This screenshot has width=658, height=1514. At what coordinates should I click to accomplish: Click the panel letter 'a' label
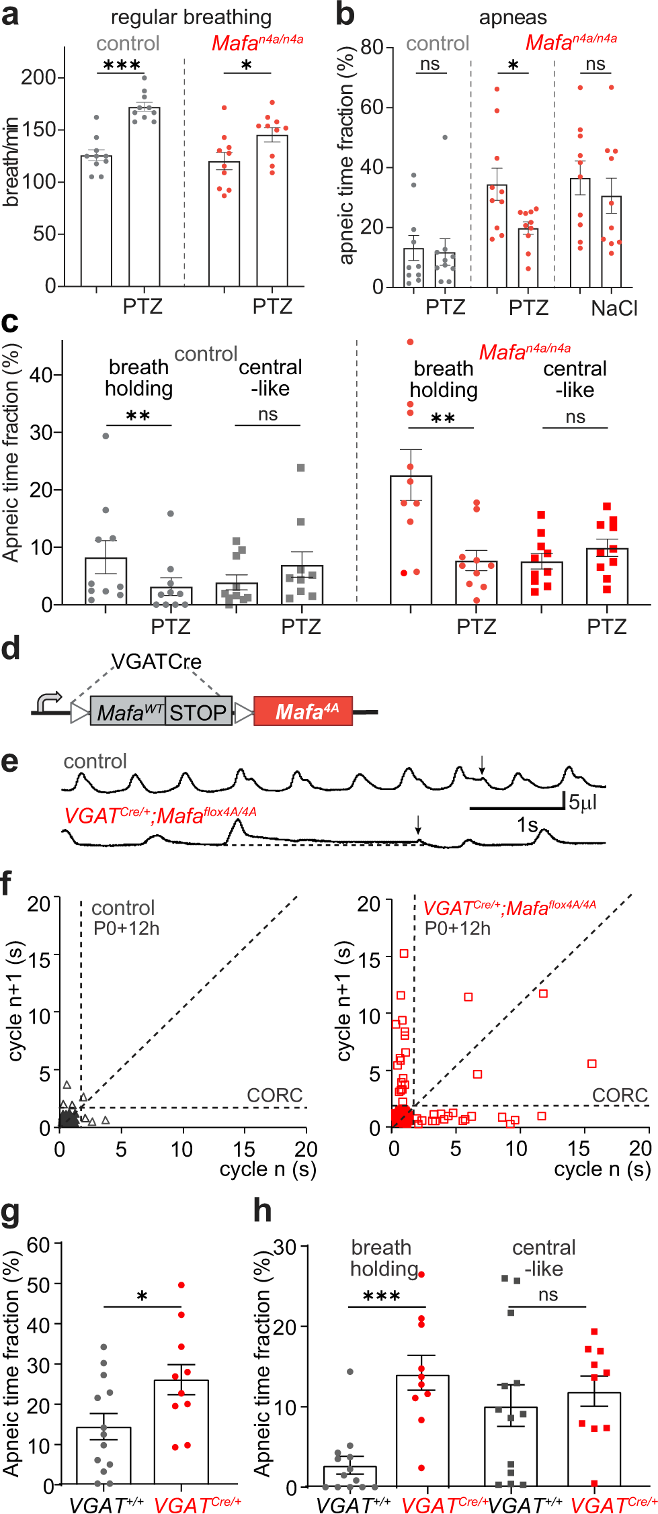(x=10, y=15)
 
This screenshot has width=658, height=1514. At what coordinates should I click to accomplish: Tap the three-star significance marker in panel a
(x=122, y=65)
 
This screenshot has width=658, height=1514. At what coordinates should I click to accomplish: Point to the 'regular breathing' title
(x=191, y=17)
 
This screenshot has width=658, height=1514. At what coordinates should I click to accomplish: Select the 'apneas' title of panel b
(x=512, y=17)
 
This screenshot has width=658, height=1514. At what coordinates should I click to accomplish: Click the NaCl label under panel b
(x=614, y=308)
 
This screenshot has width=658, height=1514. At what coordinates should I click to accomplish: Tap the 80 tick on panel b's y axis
(x=372, y=47)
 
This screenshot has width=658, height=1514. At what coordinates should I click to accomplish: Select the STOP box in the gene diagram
(x=198, y=712)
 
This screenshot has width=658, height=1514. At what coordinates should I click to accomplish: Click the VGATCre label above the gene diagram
(x=156, y=662)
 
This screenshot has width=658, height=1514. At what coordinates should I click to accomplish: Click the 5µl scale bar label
(x=583, y=802)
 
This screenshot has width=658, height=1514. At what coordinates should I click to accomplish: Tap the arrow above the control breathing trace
(x=481, y=764)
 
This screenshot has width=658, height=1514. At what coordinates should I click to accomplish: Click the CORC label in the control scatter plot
(x=274, y=1096)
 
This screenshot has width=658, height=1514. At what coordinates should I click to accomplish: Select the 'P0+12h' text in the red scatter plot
(x=457, y=929)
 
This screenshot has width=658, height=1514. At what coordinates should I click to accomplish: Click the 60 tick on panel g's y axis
(x=38, y=1245)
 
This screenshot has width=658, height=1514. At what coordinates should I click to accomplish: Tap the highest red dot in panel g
(x=181, y=1285)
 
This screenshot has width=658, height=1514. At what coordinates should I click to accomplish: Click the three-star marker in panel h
(x=381, y=1296)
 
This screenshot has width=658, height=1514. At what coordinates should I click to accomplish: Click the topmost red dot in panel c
(x=410, y=342)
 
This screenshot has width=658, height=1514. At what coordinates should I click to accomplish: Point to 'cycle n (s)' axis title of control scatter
(x=268, y=1169)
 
